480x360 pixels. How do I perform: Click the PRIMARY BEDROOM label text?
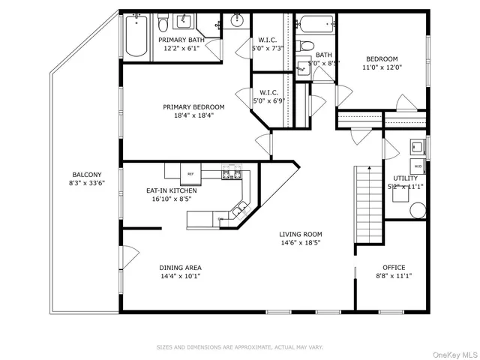pyautogui.click(x=193, y=107)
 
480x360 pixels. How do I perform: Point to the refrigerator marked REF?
pyautogui.click(x=190, y=173)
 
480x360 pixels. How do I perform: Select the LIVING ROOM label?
pyautogui.click(x=301, y=234)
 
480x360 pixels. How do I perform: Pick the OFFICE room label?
pyautogui.click(x=394, y=268)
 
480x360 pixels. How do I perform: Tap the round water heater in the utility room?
pyautogui.click(x=418, y=209)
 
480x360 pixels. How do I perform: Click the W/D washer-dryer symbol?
pyautogui.click(x=418, y=165)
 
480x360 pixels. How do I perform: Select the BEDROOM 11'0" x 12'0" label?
pyautogui.click(x=382, y=59)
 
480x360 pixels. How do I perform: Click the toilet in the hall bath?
pyautogui.click(x=306, y=46)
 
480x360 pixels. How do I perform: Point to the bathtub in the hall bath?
pyautogui.click(x=315, y=25)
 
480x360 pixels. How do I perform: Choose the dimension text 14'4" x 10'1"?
pyautogui.click(x=180, y=276)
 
